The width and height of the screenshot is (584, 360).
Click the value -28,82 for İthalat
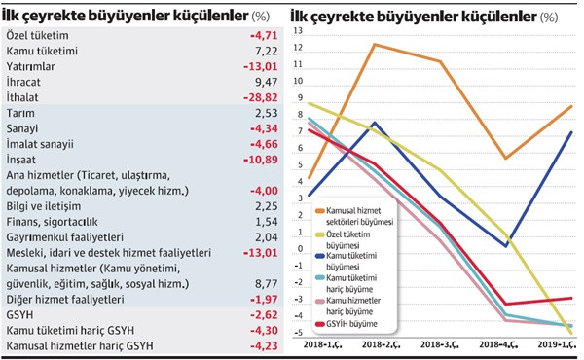point(258,98)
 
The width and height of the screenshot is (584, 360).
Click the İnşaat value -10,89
point(258,159)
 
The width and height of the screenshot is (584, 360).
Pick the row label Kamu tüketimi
point(42,51)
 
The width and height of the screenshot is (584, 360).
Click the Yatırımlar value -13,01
point(258,66)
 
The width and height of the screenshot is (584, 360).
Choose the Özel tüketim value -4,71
point(261,35)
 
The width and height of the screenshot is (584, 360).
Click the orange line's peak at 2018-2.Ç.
point(374,45)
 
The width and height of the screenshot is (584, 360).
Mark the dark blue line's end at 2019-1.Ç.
point(570,132)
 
